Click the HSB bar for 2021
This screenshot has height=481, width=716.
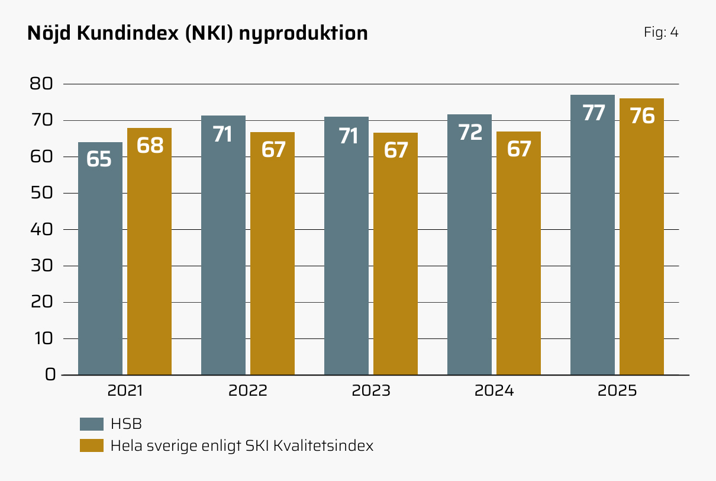101,258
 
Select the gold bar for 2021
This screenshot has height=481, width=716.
149,251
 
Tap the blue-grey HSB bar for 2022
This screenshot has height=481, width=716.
224,245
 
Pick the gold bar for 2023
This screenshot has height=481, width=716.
395,254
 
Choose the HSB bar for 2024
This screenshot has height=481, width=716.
470,245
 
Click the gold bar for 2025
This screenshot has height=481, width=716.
641,236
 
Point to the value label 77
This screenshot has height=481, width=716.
594,113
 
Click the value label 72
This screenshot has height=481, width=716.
470,132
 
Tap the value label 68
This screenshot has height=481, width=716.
150,145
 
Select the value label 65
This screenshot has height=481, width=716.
99,159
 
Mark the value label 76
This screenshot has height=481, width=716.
642,116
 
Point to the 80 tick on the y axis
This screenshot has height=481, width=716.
41,84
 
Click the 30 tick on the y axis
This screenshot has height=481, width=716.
41,265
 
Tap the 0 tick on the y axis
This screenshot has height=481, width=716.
50,374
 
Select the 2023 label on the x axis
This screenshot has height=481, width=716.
371,390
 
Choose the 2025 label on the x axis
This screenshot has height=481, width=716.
617,390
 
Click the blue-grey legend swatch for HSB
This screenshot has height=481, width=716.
92,424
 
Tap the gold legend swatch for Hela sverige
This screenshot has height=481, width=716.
92,445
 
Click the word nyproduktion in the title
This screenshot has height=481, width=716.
304,34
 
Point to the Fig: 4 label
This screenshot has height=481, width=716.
661,33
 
